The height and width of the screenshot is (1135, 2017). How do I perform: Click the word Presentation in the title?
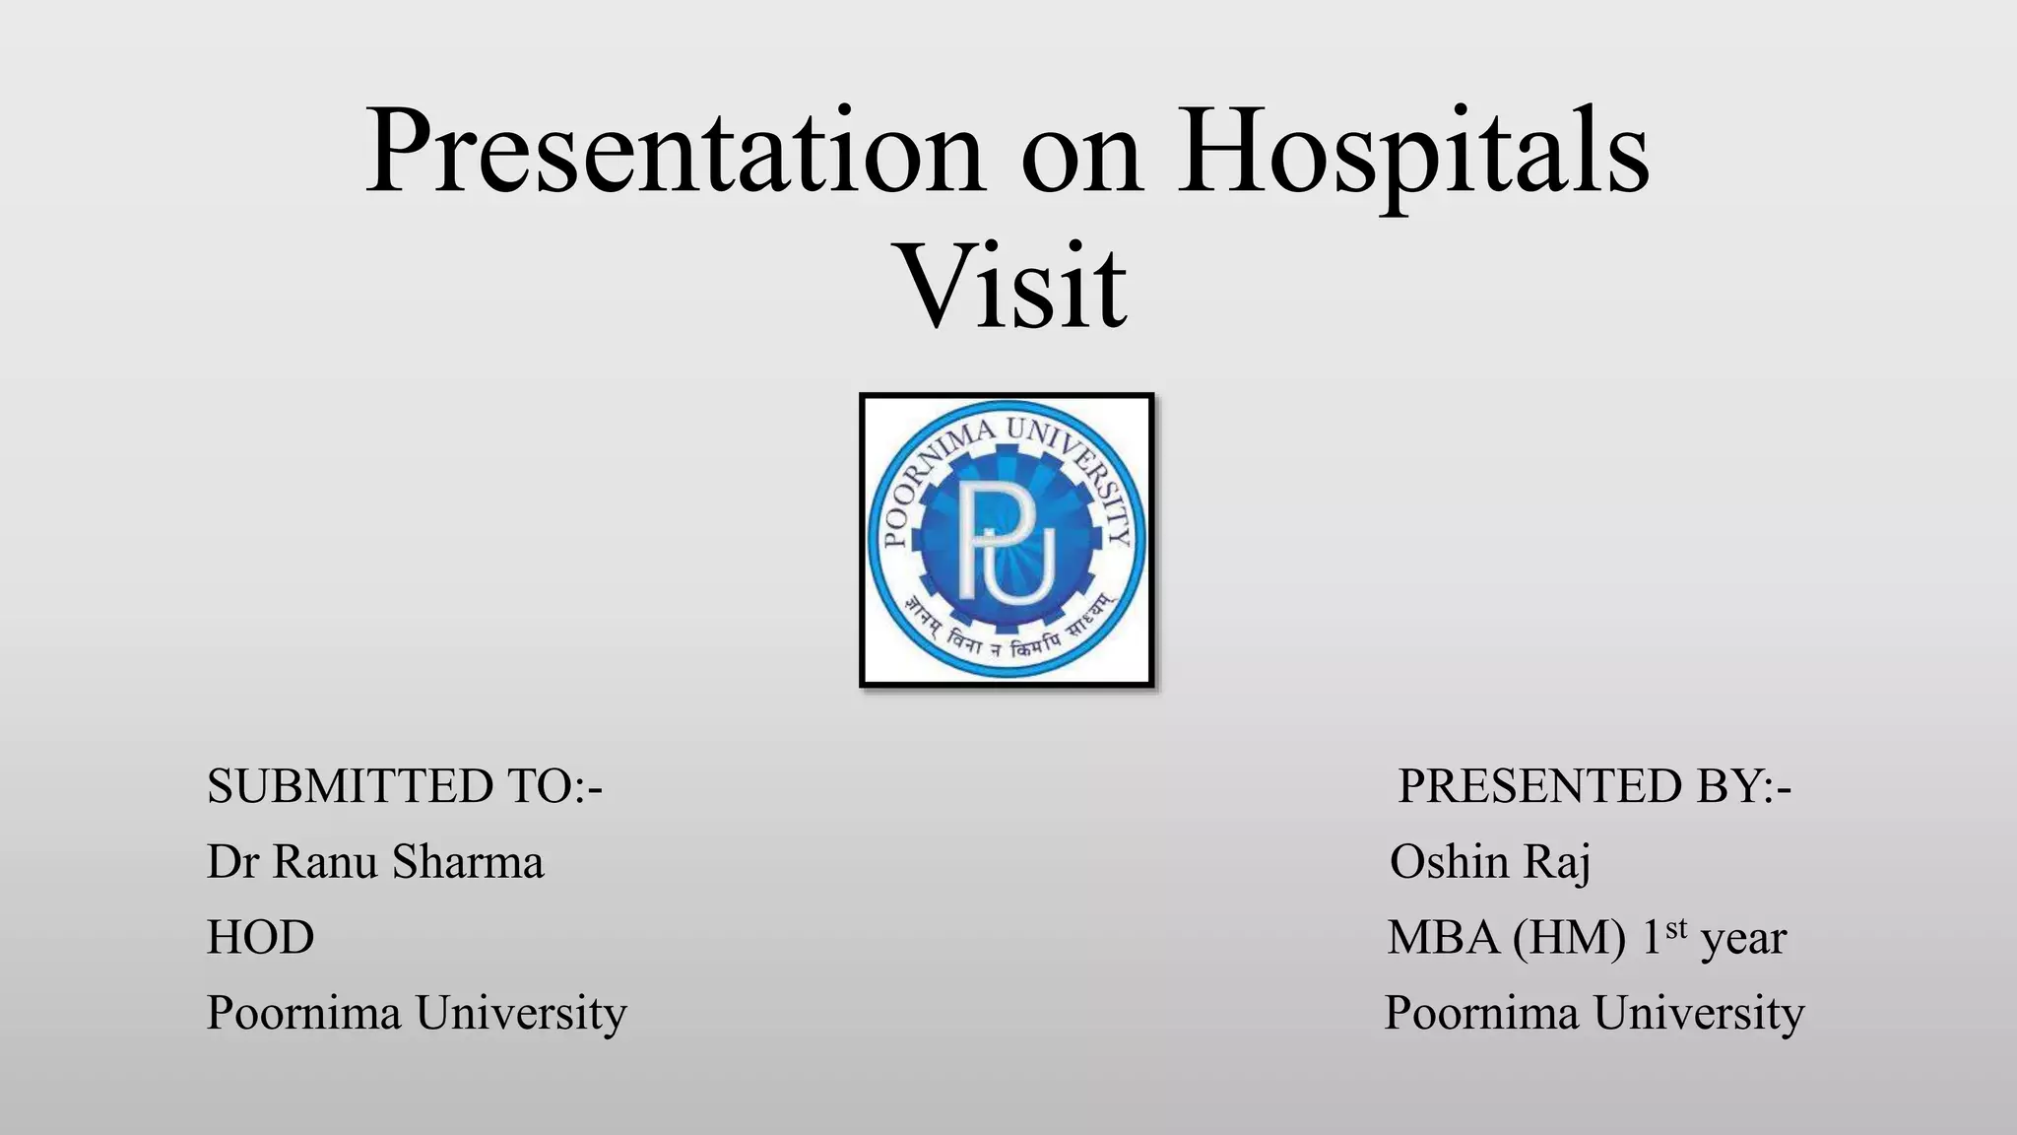(x=675, y=153)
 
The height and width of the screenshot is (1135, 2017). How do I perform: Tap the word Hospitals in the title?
(x=1412, y=153)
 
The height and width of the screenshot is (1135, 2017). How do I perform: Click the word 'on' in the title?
(x=1080, y=158)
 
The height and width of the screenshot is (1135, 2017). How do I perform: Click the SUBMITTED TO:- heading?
(x=404, y=786)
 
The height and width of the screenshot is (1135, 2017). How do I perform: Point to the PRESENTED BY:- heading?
(x=1594, y=786)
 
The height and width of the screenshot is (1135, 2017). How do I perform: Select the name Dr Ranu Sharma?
(x=374, y=861)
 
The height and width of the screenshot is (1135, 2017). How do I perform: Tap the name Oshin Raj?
(x=1489, y=861)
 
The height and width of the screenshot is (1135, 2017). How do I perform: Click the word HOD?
(x=260, y=937)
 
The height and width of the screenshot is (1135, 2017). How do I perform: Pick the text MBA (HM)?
(x=1505, y=937)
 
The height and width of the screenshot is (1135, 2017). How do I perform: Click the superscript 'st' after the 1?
(x=1676, y=927)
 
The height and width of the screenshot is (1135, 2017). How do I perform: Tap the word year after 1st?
(x=1743, y=939)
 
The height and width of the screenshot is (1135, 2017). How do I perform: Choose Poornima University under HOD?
(x=416, y=1013)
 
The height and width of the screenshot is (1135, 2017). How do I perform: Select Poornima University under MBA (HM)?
(x=1594, y=1013)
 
